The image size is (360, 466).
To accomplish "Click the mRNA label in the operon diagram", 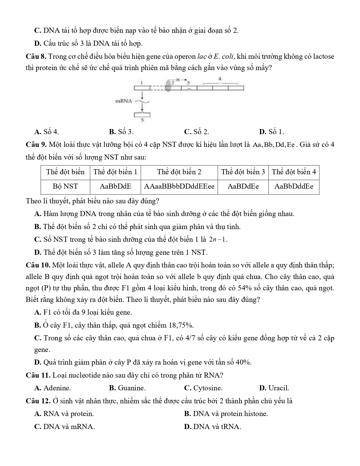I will point(124,101).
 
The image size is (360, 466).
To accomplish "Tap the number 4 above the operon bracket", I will point(220,79).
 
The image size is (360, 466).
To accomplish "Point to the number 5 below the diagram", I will point(142,120).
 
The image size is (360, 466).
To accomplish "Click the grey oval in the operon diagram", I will point(169,86).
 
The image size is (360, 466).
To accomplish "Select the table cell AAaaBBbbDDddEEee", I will point(179,186).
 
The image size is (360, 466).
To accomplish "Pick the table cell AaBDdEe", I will point(243,186).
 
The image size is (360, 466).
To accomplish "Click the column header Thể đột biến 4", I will point(294,172).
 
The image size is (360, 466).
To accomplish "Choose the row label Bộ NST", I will point(65,186).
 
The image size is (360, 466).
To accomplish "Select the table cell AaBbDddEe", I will point(294,186).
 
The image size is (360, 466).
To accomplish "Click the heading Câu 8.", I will point(36,56).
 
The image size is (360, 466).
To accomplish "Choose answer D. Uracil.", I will point(274,388).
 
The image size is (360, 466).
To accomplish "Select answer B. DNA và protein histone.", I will point(226,414).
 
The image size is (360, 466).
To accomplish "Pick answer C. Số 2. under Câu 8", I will point(197,132).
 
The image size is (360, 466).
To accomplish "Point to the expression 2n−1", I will point(218,239).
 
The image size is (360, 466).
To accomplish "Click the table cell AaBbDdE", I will point(115,186).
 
